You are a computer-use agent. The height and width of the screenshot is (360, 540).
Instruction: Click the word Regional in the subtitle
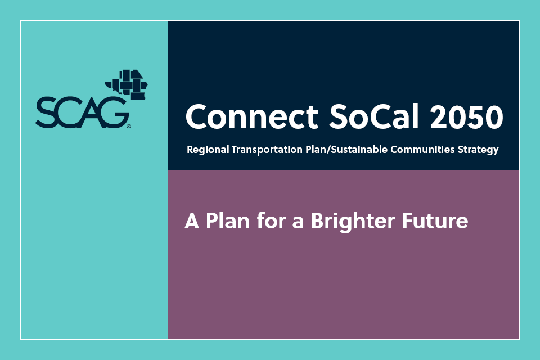205,151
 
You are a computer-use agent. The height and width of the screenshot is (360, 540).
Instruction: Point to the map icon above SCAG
126,84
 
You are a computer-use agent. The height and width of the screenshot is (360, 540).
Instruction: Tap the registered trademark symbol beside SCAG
129,127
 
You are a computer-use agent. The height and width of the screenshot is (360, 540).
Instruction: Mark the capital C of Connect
196,116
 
